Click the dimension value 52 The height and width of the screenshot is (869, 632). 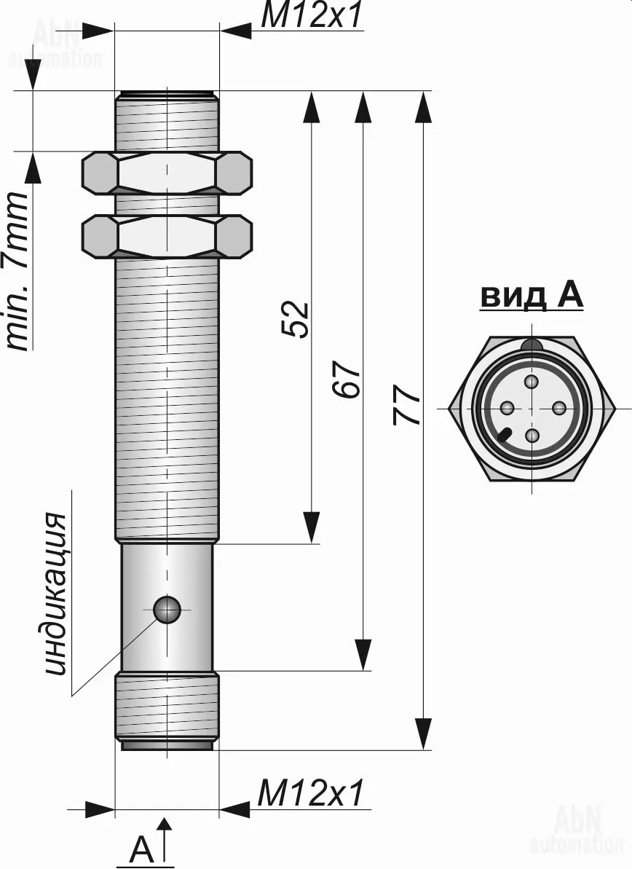[296, 319]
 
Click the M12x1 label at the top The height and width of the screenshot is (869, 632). [312, 16]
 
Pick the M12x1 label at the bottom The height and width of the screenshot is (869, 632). [310, 793]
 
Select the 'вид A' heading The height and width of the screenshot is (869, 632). [532, 296]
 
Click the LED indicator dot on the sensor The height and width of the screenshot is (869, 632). [168, 610]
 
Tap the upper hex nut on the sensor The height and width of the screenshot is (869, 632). [167, 173]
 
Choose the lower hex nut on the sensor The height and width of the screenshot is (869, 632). [167, 236]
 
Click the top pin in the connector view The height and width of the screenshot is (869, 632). [532, 381]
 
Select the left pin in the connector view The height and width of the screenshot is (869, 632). [505, 408]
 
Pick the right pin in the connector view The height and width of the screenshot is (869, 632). [559, 408]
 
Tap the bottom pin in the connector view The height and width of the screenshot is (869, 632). [532, 436]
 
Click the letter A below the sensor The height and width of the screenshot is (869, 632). [142, 849]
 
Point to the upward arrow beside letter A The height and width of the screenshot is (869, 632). [166, 838]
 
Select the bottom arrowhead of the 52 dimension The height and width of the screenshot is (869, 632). [312, 527]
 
